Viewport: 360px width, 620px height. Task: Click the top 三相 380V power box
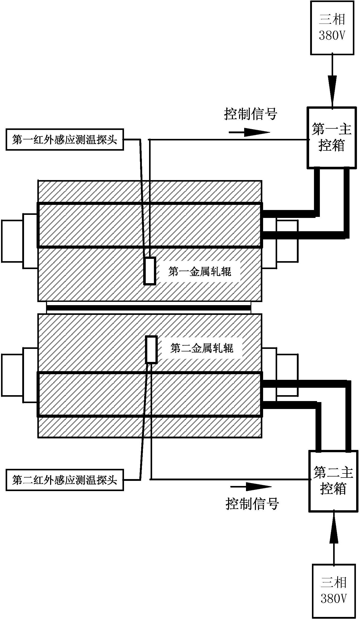coord(332,28)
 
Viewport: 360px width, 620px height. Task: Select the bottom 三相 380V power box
coord(334,591)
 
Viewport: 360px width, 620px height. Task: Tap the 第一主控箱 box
coord(332,138)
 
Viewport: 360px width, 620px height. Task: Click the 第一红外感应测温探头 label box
coord(65,140)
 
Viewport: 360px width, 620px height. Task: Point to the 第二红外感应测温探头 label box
coord(65,480)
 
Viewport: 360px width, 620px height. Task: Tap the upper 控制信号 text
coord(251,114)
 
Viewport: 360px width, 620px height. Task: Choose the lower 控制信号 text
coord(252,504)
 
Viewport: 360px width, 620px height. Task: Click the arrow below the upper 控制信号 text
coord(249,132)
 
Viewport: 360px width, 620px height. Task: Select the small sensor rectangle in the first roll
coord(150,271)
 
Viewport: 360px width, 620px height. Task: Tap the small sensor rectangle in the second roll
coord(151,349)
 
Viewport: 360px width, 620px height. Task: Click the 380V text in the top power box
coord(332,36)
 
